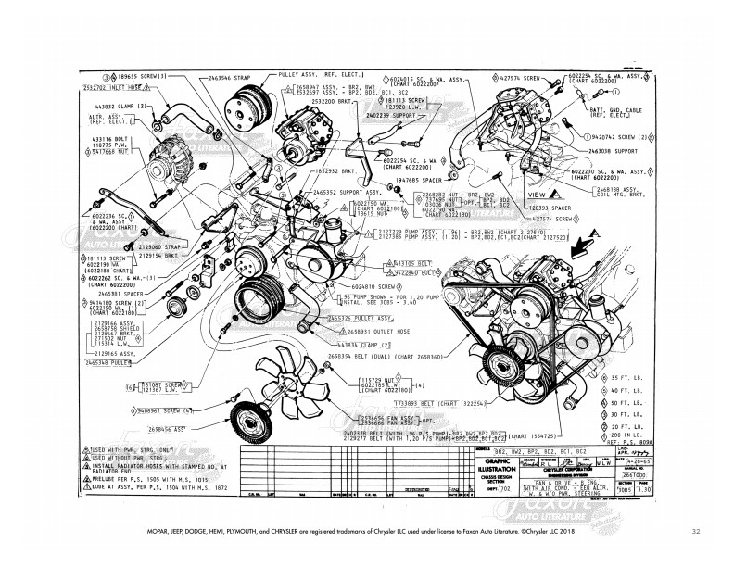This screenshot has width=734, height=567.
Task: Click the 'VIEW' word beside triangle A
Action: pos(536,195)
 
